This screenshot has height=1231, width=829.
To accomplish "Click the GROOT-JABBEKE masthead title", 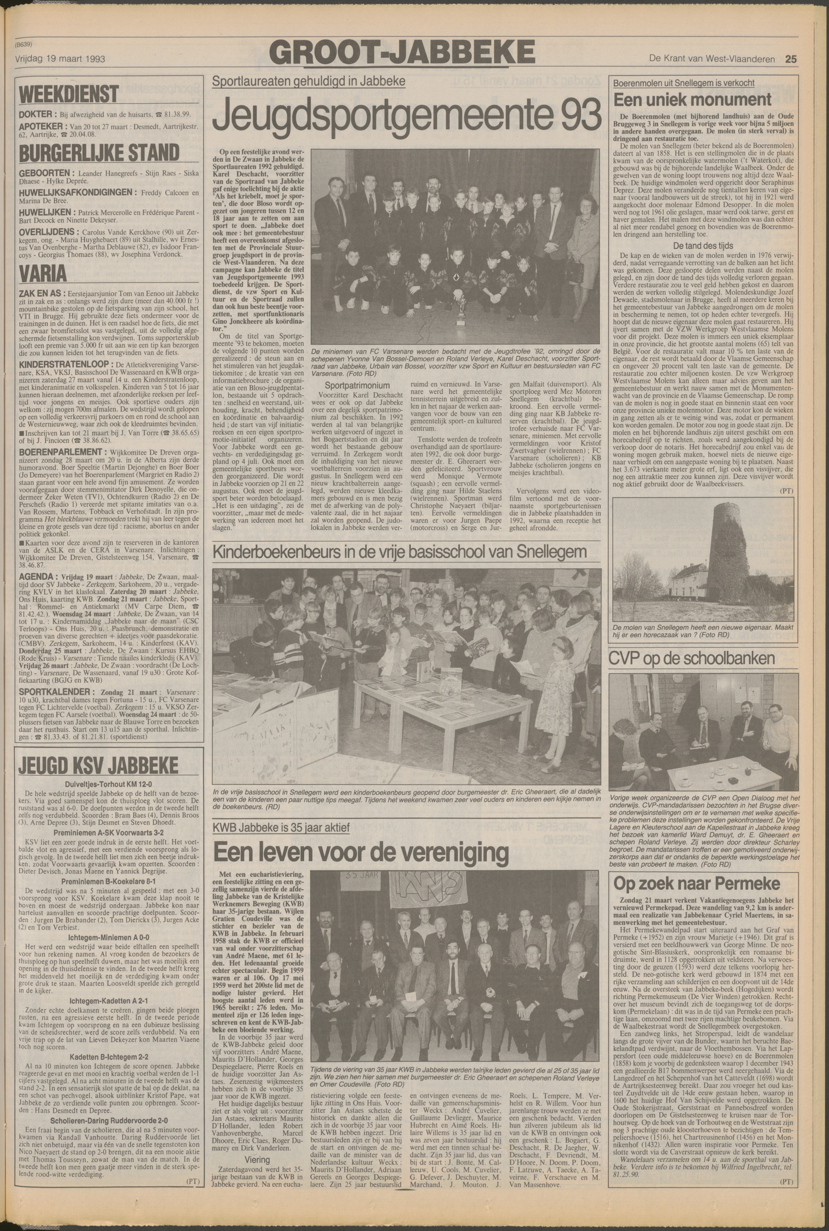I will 402,53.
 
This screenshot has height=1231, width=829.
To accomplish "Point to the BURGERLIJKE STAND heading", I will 99,153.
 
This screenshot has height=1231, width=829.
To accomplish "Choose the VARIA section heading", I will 43,273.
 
